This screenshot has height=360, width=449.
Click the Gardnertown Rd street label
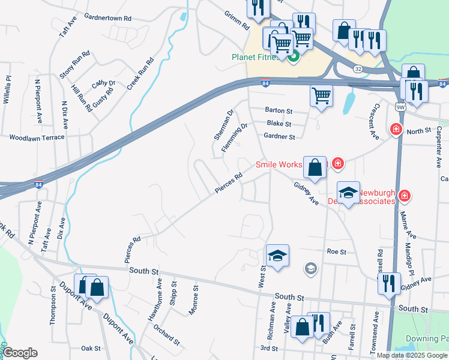point(108,18)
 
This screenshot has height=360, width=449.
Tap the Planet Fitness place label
point(256,58)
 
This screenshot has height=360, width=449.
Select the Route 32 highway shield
point(358,69)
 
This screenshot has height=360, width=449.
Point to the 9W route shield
point(400,106)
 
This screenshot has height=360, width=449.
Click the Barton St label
point(279,111)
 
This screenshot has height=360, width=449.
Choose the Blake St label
point(279,124)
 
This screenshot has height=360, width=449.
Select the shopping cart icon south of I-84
point(322,95)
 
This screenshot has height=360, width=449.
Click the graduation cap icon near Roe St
point(277,256)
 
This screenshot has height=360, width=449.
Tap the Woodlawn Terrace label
point(36,137)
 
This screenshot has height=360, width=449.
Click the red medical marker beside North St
point(396,129)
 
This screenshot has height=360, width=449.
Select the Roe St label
point(336,252)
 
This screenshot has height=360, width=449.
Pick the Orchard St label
point(166,335)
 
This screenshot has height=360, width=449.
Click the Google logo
point(20,353)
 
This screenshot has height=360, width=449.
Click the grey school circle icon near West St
point(310,268)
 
